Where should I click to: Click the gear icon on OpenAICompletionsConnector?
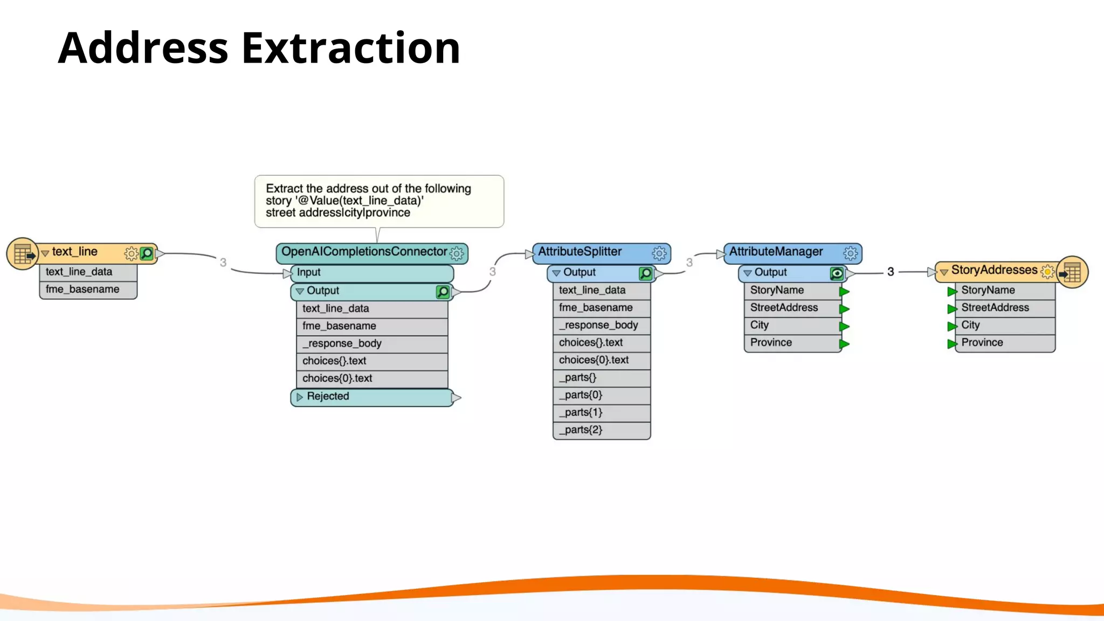coord(457,253)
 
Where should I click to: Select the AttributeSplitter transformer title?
coord(579,252)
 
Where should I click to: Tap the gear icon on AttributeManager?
coord(850,253)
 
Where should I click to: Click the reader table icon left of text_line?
coord(23,253)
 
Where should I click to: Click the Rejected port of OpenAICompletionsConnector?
coord(328,397)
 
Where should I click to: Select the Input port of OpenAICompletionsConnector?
coord(308,273)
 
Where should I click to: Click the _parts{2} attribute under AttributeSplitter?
coord(581,430)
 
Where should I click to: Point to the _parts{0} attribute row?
coord(581,395)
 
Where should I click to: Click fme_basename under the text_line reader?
coord(82,289)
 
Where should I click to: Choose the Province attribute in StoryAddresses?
coord(982,343)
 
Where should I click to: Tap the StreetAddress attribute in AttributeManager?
coord(784,308)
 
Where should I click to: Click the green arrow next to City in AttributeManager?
coord(844,327)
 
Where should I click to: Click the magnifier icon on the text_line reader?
coord(147,253)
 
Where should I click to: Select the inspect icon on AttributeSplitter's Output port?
coord(645,273)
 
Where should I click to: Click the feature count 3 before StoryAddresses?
coord(891,272)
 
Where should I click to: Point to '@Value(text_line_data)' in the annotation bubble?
coord(359,201)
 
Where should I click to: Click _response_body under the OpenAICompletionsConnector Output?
coord(342,344)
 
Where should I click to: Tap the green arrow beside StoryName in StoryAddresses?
coord(952,292)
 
